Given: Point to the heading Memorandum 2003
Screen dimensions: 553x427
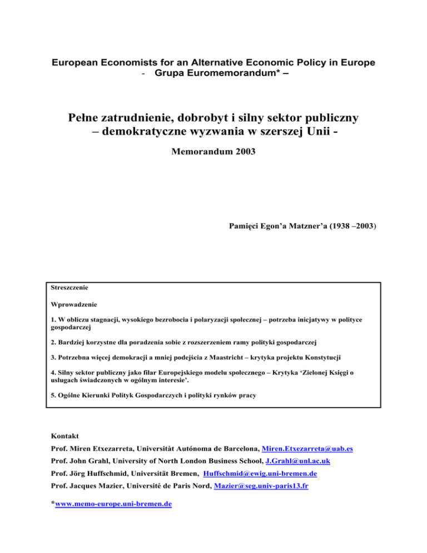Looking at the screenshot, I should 213,150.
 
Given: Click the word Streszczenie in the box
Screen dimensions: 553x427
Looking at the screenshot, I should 68,289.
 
